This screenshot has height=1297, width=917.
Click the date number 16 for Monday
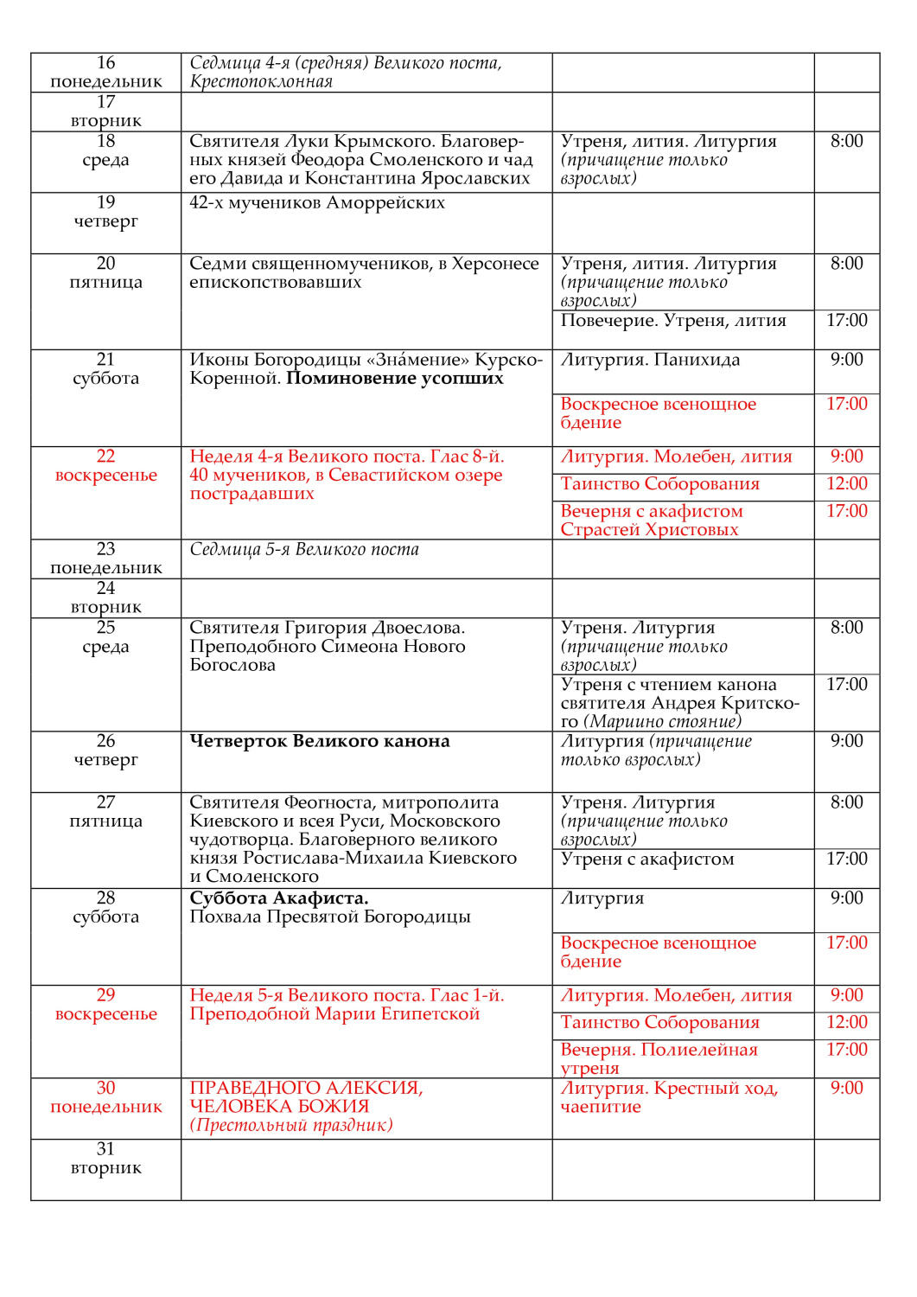[105, 63]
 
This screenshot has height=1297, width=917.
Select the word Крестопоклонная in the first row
[261, 82]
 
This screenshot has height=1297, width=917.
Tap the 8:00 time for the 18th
[846, 142]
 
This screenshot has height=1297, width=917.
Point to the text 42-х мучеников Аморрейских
[317, 203]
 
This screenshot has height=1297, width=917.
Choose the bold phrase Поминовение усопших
[395, 379]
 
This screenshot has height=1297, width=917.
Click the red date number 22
[105, 457]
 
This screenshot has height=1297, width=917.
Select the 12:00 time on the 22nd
[846, 484]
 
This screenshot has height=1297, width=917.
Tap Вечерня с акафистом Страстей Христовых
[651, 521]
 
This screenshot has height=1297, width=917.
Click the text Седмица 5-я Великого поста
[304, 550]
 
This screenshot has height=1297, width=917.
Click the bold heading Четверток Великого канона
[320, 742]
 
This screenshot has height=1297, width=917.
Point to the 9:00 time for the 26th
[846, 742]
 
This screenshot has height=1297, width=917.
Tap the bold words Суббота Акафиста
[279, 898]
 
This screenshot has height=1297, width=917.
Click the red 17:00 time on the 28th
[846, 943]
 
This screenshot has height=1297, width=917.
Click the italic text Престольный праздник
[291, 1126]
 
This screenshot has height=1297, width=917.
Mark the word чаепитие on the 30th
[601, 1108]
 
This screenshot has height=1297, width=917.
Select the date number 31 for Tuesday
[105, 1149]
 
